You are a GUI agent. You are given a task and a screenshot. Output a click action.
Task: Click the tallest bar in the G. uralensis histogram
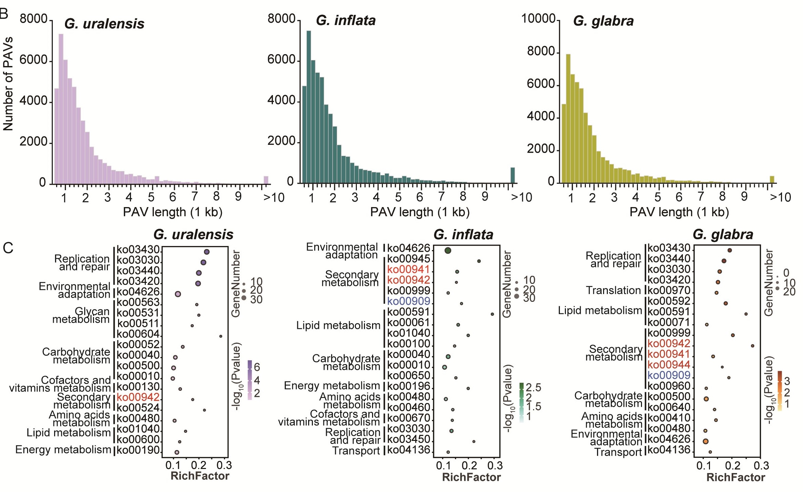61,108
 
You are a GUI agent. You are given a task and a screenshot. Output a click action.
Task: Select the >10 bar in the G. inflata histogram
513,175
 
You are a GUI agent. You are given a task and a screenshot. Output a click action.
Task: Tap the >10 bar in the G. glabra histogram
772,179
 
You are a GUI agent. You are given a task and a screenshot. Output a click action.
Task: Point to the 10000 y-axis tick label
538,19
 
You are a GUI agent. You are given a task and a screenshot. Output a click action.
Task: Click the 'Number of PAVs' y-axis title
8,84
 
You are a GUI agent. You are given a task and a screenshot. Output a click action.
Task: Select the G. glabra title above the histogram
603,21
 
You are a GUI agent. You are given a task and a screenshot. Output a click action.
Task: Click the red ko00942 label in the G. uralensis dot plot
138,397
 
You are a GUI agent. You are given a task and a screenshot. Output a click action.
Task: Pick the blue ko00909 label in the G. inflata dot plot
409,301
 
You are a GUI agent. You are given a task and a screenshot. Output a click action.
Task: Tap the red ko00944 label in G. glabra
669,365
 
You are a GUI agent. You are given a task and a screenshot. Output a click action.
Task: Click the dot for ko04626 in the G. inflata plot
448,251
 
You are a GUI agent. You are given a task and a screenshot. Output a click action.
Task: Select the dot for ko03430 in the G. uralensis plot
207,252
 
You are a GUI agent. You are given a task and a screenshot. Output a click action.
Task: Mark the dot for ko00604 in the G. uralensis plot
221,336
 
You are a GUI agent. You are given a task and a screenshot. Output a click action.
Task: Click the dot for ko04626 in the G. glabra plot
705,441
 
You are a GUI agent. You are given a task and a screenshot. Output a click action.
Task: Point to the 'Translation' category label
613,290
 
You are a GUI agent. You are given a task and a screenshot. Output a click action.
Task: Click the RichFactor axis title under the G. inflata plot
471,477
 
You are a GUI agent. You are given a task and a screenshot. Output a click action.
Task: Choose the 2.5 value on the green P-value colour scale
533,387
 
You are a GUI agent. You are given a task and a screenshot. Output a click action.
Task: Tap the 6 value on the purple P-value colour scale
257,367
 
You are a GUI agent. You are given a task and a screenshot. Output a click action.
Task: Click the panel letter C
8,248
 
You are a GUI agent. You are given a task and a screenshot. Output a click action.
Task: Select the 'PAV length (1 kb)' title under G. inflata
420,212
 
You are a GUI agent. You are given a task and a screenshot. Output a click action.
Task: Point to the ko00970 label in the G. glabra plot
669,290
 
